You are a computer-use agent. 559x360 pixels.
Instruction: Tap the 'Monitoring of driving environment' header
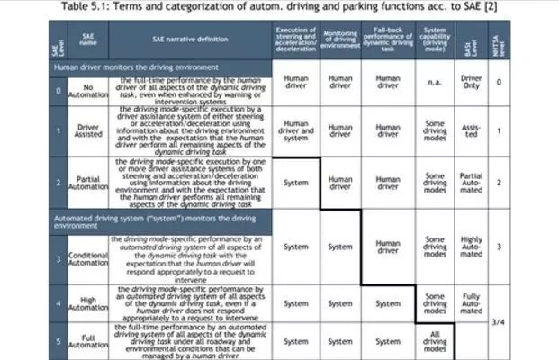[340, 40]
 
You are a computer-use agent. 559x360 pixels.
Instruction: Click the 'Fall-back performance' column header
[388, 40]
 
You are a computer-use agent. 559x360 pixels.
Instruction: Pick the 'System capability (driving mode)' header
[435, 40]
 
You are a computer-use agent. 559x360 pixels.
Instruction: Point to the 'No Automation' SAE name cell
[87, 87]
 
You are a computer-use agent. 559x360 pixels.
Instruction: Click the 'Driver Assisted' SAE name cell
[87, 131]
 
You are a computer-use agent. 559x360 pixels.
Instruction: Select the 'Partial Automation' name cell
[87, 183]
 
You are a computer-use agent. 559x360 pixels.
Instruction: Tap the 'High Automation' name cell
[87, 303]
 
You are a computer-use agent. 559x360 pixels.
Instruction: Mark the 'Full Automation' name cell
[87, 341]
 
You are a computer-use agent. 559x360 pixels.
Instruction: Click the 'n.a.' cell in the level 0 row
[435, 83]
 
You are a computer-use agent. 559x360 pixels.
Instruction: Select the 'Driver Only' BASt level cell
[471, 83]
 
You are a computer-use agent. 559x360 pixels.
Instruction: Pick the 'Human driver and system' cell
[295, 131]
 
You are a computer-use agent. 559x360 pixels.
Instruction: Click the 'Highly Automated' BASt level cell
[471, 246]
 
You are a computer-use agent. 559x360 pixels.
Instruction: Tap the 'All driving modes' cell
[435, 341]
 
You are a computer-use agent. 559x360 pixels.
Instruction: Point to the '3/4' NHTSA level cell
[498, 320]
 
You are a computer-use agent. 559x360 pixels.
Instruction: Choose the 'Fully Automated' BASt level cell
[471, 303]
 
